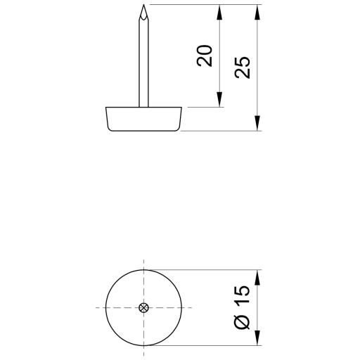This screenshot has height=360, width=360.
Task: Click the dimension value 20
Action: pyautogui.click(x=205, y=56)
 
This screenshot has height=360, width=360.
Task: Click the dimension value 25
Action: pyautogui.click(x=243, y=67)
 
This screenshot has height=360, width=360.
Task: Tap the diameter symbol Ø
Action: pyautogui.click(x=243, y=322)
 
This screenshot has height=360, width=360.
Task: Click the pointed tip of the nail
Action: pyautogui.click(x=143, y=5)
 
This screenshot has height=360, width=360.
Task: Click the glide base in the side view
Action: pyautogui.click(x=143, y=119)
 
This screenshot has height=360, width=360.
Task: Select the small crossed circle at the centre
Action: pyautogui.click(x=143, y=307)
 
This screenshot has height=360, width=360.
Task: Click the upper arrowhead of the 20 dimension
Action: pyautogui.click(x=219, y=12)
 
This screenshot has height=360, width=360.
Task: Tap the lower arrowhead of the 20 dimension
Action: pyautogui.click(x=219, y=99)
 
